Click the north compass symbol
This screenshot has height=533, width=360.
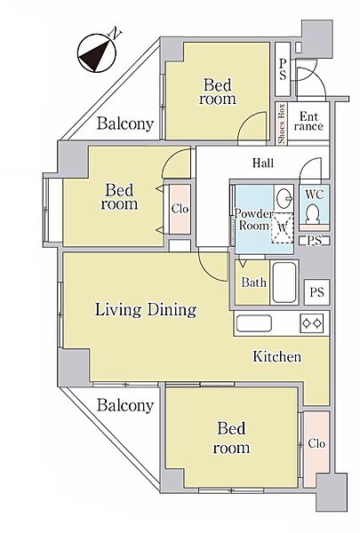click(x=97, y=53)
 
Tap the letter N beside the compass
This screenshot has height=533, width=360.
click(x=116, y=34)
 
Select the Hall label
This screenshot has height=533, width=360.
click(x=263, y=163)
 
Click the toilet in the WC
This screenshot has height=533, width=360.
click(x=312, y=214)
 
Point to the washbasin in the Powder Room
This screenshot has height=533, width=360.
click(x=284, y=197)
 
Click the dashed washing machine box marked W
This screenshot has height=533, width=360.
click(x=283, y=227)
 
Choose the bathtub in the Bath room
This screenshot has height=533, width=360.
click(x=284, y=282)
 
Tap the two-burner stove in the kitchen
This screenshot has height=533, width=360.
click(x=311, y=323)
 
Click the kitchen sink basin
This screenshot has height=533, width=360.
click(x=254, y=323)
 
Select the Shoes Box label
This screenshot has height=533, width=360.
click(x=282, y=124)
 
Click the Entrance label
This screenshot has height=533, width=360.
click(x=308, y=122)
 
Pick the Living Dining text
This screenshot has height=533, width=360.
click(x=146, y=310)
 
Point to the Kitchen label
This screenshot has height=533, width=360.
click(x=277, y=356)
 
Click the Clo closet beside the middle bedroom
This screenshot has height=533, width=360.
click(x=180, y=209)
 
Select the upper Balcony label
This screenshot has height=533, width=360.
click(x=125, y=123)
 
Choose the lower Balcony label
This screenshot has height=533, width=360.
click(x=125, y=406)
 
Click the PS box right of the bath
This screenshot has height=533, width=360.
click(x=316, y=292)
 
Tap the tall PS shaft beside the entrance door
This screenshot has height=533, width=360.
click(x=283, y=69)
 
